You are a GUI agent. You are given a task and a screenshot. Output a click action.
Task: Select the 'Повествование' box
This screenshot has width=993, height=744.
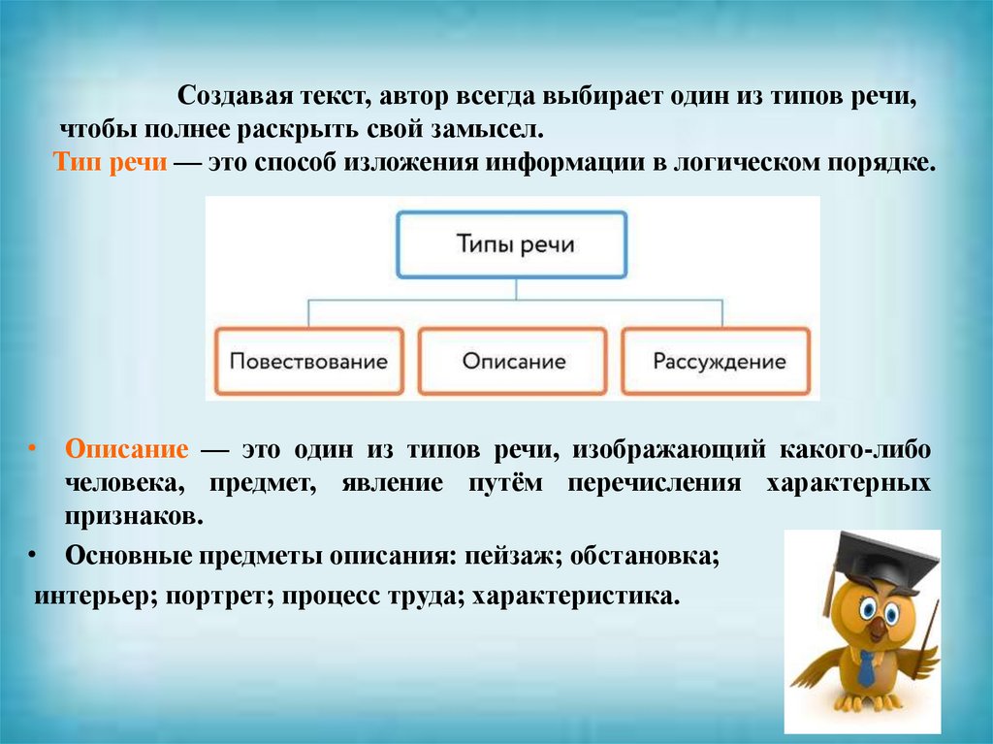(x=308, y=361)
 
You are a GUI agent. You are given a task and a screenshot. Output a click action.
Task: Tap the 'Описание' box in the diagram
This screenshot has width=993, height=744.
(x=513, y=361)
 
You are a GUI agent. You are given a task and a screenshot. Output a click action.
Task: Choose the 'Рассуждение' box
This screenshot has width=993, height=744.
(x=719, y=361)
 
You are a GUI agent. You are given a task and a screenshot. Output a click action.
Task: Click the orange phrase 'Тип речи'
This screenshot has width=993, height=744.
(x=112, y=162)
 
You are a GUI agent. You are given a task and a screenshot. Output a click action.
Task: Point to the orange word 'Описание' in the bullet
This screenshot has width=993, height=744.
(x=127, y=453)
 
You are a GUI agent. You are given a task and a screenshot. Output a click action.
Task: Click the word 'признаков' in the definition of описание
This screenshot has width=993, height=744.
(x=133, y=517)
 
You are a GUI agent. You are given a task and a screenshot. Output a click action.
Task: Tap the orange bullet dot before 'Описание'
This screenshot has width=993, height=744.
(x=32, y=452)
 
